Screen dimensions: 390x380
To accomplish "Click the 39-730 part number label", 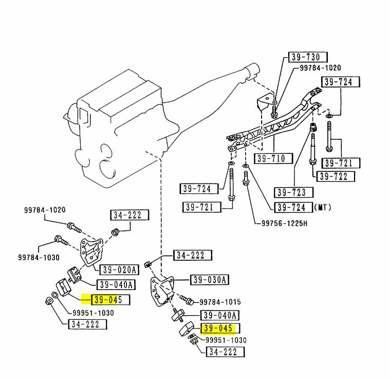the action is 308,57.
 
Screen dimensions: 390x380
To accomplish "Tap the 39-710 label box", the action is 273,158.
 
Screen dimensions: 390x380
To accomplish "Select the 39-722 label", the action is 336,176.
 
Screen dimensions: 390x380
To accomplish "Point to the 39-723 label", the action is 293,192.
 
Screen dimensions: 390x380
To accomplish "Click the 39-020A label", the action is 119,270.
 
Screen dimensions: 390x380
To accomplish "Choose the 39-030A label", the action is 210,280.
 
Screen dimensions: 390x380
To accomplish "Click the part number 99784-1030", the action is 39,257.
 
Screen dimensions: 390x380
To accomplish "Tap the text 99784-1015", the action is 220,302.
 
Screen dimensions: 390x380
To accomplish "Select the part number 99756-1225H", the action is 284,223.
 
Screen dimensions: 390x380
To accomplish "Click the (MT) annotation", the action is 323,207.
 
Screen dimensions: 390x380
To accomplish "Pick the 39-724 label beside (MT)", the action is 293,207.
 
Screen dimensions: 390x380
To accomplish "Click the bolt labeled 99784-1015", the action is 187,300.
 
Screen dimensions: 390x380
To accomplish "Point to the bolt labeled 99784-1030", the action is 61,240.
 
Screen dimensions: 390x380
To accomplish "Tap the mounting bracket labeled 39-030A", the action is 161,291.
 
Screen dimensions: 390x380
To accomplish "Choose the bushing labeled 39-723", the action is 313,127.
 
